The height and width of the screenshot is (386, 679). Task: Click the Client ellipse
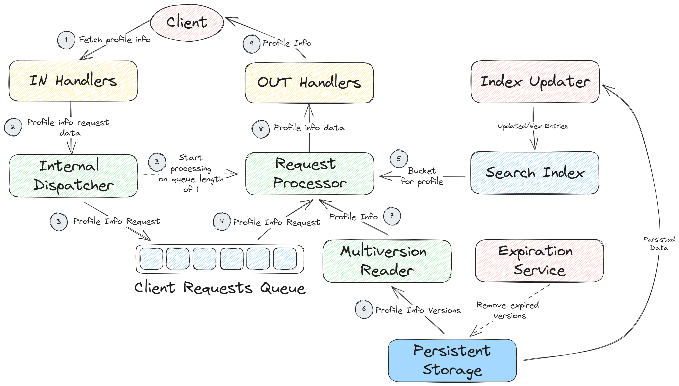pos(187,23)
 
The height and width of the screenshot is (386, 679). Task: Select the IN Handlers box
pos(73,81)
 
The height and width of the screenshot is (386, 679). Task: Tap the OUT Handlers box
pos(309,83)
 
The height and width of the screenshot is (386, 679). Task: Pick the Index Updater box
pos(535,82)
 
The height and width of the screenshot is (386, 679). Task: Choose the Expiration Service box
pos(539,261)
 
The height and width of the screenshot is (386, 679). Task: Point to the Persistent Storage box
pos(452,360)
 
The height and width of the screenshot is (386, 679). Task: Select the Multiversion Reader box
pos(387,261)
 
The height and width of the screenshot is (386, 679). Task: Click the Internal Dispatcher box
pos(73,176)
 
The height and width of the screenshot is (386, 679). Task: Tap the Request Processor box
pos(310,174)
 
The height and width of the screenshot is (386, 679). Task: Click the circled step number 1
pos(66,40)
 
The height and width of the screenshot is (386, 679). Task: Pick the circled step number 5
pos(398,159)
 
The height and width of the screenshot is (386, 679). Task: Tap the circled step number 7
pos(392,216)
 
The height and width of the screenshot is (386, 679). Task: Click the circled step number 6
pos(364,309)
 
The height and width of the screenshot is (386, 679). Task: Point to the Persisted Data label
pos(659,244)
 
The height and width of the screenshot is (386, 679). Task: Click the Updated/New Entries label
pos(533,126)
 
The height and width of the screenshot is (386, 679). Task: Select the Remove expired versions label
pos(507,310)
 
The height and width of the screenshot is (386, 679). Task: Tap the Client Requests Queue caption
pos(220,288)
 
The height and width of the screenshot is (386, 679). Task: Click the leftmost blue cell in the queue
pos(151,259)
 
